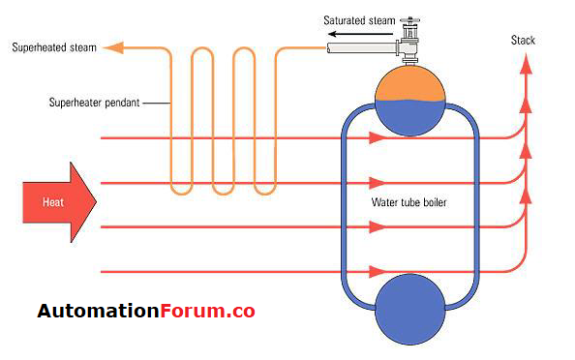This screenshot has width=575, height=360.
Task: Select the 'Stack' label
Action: coord(523,40)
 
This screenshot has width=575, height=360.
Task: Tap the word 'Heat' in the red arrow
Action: coord(54,202)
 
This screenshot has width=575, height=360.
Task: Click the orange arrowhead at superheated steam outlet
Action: coord(112,46)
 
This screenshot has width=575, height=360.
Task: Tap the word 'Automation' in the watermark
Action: coord(97,312)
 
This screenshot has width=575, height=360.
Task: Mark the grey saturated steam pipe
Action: coord(358,45)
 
